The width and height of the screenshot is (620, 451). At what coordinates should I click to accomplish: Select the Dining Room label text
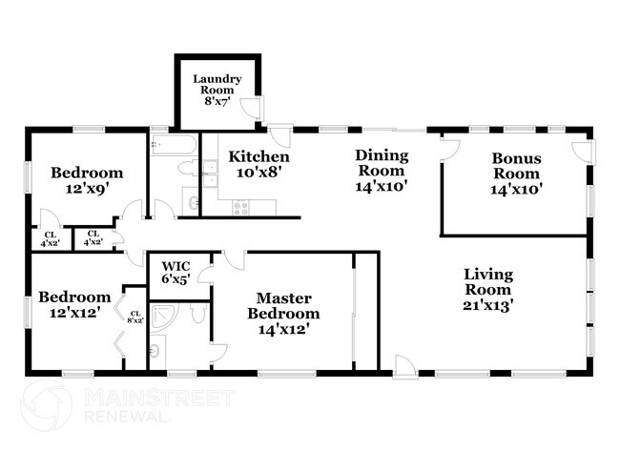tap(382, 171)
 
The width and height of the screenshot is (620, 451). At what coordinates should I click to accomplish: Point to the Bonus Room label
tap(516, 174)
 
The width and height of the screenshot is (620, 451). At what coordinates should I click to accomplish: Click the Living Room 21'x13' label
tap(487, 290)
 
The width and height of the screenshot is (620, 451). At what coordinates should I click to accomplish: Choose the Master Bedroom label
tap(283, 314)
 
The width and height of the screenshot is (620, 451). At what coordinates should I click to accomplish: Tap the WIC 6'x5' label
tap(176, 273)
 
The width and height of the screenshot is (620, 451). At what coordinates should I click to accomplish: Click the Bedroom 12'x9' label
tap(87, 180)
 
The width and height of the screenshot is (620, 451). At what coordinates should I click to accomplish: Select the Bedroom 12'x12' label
tap(69, 304)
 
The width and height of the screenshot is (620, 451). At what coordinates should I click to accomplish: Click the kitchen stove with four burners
tap(240, 207)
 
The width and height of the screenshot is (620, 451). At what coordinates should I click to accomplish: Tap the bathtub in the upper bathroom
tap(173, 146)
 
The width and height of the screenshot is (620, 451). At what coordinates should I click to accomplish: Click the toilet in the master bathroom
tap(198, 314)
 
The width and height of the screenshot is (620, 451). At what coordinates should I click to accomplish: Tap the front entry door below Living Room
tap(404, 365)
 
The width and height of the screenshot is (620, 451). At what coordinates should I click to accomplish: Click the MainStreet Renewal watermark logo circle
tap(45, 404)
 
